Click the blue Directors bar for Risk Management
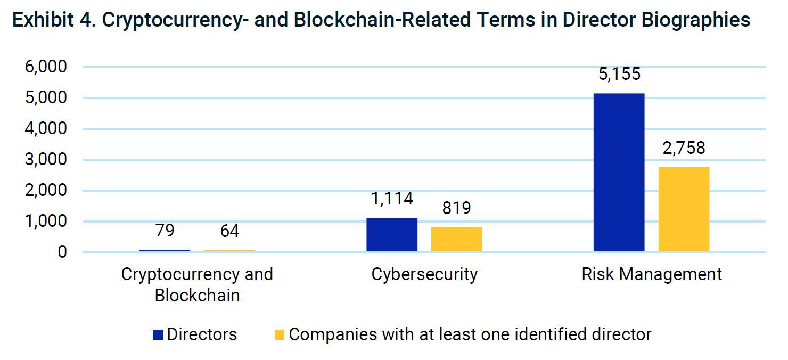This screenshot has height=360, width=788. tap(619, 172)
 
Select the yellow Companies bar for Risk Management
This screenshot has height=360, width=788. tap(684, 209)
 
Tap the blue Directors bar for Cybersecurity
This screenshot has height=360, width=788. tap(392, 234)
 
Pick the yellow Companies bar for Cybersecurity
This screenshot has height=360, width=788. tap(456, 239)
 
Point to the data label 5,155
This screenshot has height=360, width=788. tap(619, 74)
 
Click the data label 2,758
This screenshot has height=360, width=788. tap(684, 148)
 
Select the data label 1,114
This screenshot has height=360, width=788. tap(392, 199)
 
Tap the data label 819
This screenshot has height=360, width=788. tap(456, 208)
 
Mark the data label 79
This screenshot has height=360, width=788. tap(165, 231)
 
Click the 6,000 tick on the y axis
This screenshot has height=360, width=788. tap(45, 67)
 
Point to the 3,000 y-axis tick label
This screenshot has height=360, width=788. tap(45, 159)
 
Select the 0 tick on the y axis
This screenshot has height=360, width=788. tap(62, 252)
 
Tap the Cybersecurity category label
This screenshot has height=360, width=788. tap(424, 274)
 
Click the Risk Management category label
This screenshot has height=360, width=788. tap(652, 274)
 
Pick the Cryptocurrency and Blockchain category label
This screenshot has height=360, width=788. tap(197, 284)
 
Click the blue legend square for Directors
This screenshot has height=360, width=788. tap(158, 335)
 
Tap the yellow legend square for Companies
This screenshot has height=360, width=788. tap(280, 335)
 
